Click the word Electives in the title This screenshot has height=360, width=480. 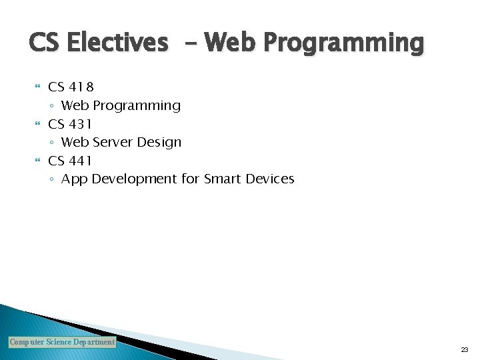point(118,43)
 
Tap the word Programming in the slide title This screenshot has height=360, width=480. point(343,43)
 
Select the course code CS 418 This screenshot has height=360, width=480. point(71,87)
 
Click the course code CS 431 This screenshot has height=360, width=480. point(70,124)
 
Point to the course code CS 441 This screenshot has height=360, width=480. point(70,161)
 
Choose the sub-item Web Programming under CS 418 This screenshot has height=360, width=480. point(121,105)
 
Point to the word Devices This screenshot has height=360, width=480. point(270,179)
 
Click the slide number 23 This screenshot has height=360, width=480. point(464,349)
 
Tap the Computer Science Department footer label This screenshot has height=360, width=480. point(62,342)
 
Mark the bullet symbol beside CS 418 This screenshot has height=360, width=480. point(37,87)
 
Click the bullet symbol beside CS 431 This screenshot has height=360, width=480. point(37,124)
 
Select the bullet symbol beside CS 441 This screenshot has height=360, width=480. point(37,161)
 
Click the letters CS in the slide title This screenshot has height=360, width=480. point(45,43)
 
